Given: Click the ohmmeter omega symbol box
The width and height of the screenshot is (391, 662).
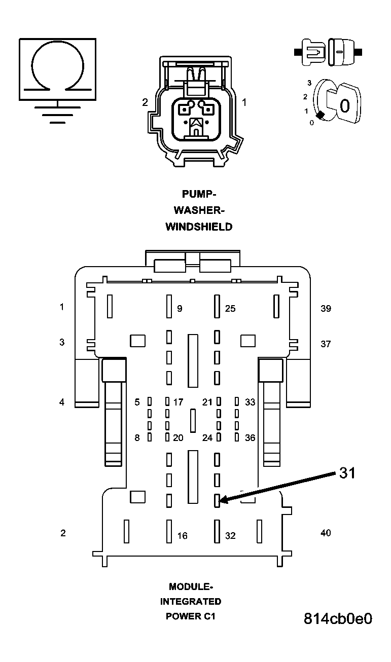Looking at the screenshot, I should tap(58, 68).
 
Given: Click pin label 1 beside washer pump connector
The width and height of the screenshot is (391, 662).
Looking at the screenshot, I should tap(244, 102).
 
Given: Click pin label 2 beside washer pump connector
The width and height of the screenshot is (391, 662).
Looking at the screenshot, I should tap(145, 102).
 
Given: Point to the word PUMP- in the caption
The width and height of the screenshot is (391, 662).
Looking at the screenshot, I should tap(199, 194).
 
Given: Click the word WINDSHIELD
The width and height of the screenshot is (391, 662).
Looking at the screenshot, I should tap(199, 227).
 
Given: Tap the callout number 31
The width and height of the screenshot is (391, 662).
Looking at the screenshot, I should tap(347, 473).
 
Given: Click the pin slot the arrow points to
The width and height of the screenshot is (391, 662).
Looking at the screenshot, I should tap(217, 500).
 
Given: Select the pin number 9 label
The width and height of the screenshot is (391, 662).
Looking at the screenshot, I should tap(180, 309).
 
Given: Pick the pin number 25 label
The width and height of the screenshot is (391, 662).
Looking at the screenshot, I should tap(230, 309).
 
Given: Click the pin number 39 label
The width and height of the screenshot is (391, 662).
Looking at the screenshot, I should tap(326, 308).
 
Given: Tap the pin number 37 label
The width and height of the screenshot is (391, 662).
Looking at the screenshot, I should tap(326, 344).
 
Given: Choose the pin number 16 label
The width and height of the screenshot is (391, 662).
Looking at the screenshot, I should tap(182, 536).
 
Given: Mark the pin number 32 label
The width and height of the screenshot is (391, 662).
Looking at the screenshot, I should tap(230, 536).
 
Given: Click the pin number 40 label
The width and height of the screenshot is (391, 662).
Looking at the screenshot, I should tap(326, 533).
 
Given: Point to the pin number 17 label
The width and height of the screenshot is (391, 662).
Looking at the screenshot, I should tap(178, 402).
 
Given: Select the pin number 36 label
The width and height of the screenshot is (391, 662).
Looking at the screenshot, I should tap(250, 438).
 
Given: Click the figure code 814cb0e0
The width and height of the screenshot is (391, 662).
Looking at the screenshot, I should tap(338, 619).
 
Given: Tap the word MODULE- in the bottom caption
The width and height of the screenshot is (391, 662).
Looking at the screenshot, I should tap(191, 587).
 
